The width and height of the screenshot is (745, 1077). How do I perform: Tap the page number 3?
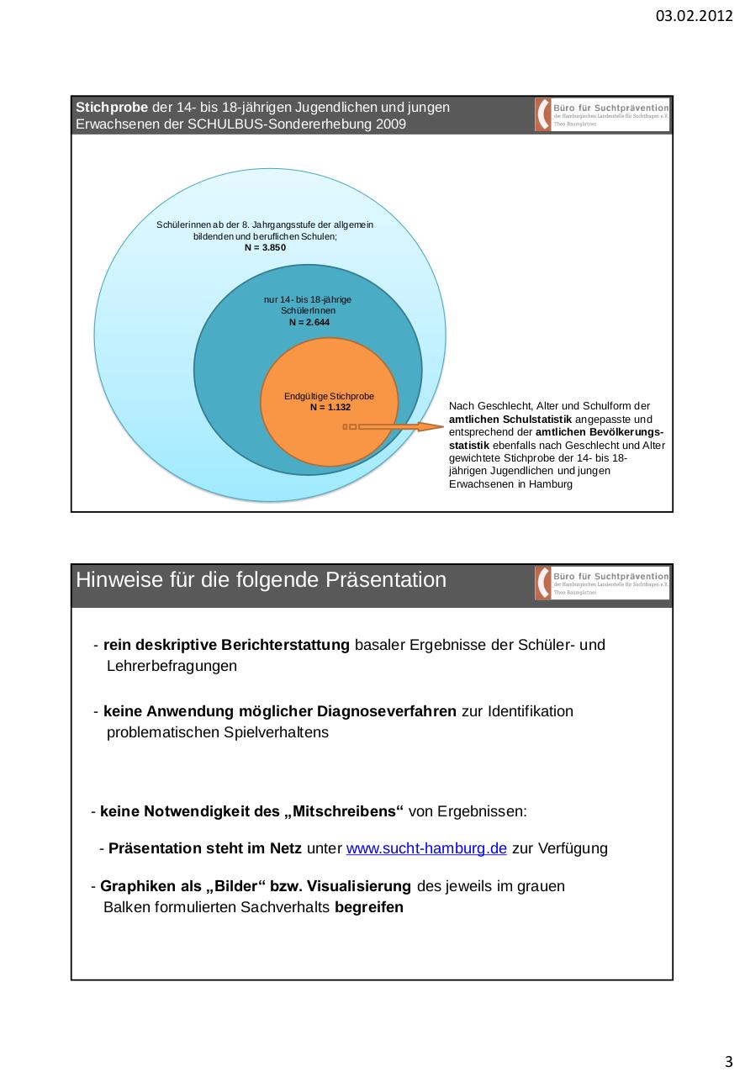(728, 1059)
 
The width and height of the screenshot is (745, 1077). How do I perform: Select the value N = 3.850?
(265, 247)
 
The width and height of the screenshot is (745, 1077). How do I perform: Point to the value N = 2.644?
(308, 322)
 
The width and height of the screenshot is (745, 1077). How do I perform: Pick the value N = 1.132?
(330, 407)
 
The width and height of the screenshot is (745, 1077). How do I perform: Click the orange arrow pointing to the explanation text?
(395, 427)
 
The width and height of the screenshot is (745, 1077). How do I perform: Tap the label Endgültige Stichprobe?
(329, 396)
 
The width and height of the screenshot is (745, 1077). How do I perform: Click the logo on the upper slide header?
(601, 114)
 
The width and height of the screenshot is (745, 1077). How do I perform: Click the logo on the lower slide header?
(601, 583)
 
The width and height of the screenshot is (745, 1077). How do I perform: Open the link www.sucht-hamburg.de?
(426, 848)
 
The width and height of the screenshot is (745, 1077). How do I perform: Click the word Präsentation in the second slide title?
(385, 581)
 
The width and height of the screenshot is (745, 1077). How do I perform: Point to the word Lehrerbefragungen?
(172, 667)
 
